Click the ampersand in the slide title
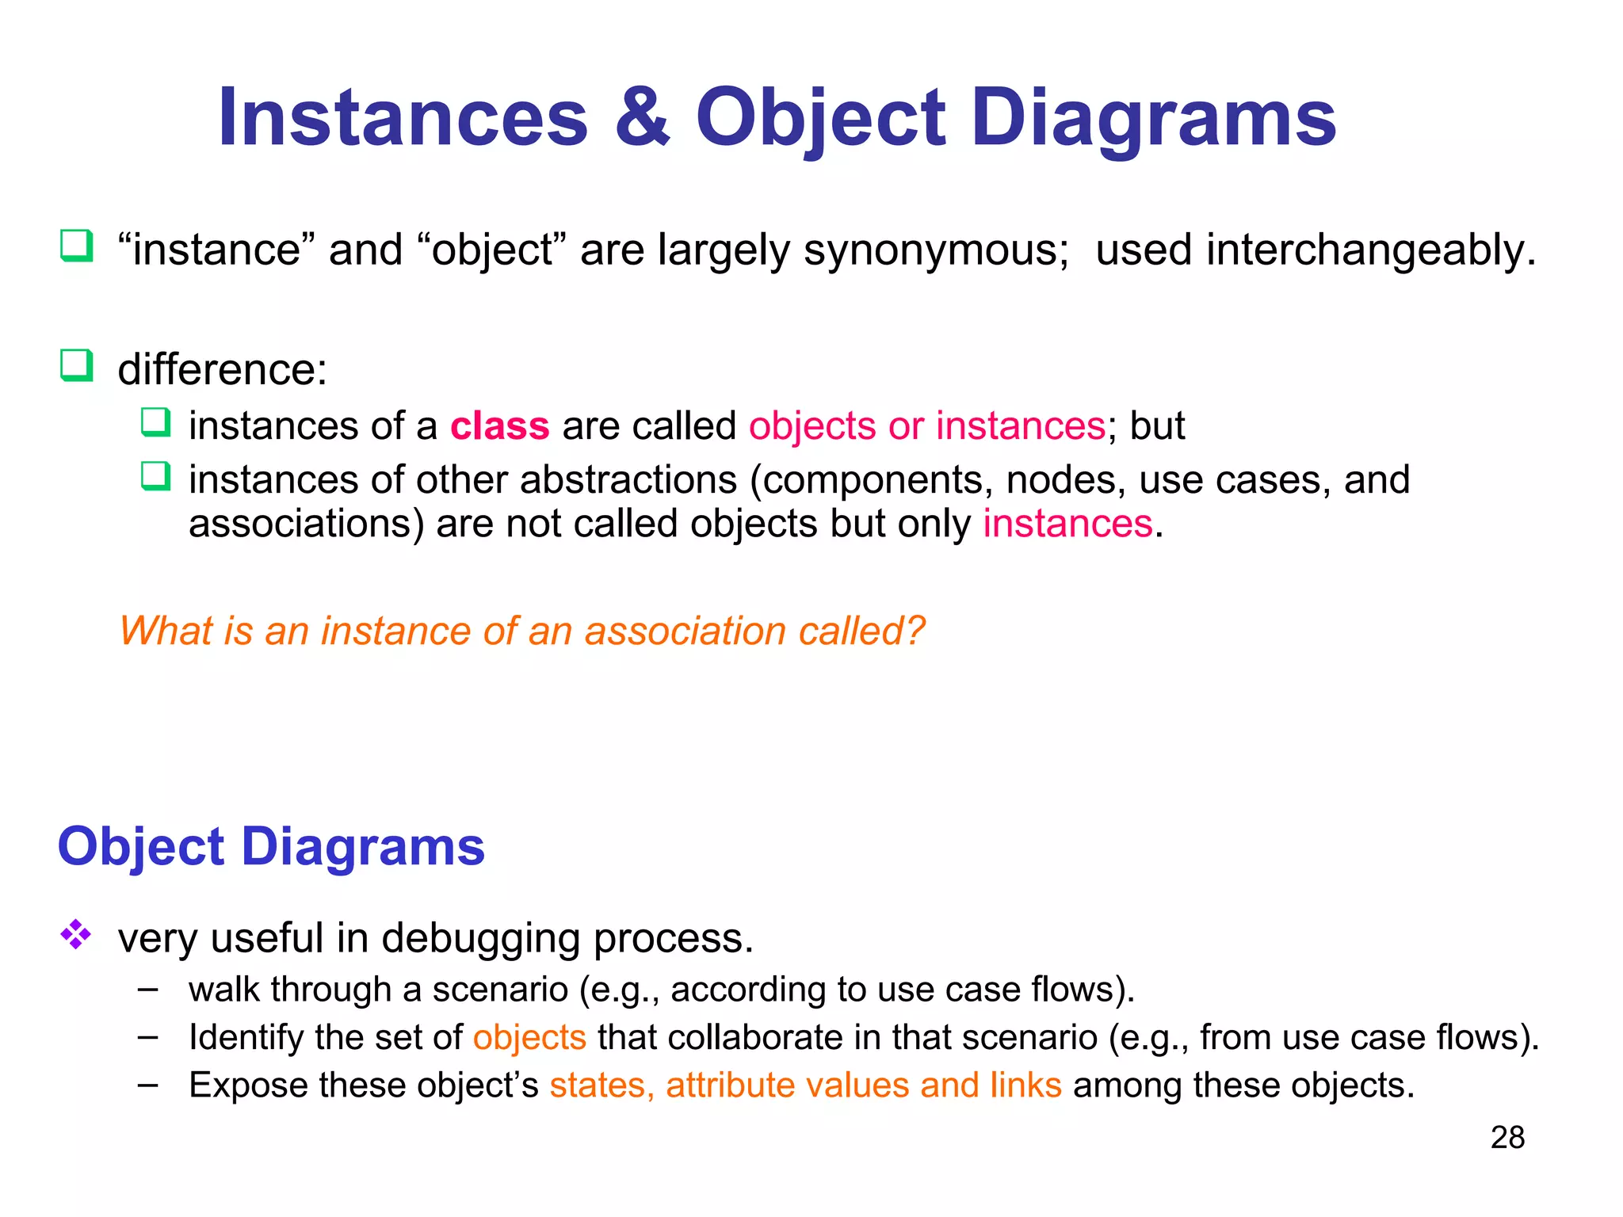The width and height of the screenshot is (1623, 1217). coord(642,119)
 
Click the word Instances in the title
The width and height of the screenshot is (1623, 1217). coord(403,119)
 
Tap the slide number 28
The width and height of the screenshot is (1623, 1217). coord(1507,1138)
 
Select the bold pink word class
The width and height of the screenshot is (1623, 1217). coord(499,426)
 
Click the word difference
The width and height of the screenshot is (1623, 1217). coord(221,370)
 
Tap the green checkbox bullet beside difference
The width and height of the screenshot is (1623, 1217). coord(77,366)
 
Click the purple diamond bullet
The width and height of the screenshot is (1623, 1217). coord(76,935)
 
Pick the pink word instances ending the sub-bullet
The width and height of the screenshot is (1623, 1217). coord(1067,525)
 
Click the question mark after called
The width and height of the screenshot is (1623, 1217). coord(915,631)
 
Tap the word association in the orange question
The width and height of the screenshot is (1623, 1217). coord(686,631)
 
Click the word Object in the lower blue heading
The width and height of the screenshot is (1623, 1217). coord(141,848)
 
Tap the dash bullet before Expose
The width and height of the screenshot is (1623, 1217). coord(147,1085)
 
